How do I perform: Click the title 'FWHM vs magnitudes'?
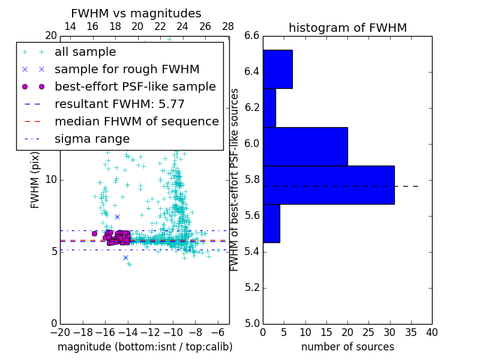pos(136,13)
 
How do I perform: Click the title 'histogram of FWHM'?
pos(347,28)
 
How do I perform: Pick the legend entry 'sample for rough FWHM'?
pos(127,69)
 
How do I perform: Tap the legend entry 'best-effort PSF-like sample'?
pos(135,86)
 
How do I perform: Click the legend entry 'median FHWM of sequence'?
pos(136,121)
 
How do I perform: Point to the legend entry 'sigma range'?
pos(92,139)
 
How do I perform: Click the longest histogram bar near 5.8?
pos(328,185)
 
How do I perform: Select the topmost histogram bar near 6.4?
pos(277,69)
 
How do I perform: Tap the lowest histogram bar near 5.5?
pos(271,223)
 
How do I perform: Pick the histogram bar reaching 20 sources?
pos(305,146)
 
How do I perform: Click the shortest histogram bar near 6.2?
pos(269,108)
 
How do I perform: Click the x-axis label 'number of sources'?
pos(347,347)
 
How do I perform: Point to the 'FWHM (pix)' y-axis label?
pos(35,179)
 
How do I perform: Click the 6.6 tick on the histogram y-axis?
pos(252,36)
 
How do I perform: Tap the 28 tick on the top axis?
pos(228,26)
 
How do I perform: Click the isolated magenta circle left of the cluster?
pos(94,233)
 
